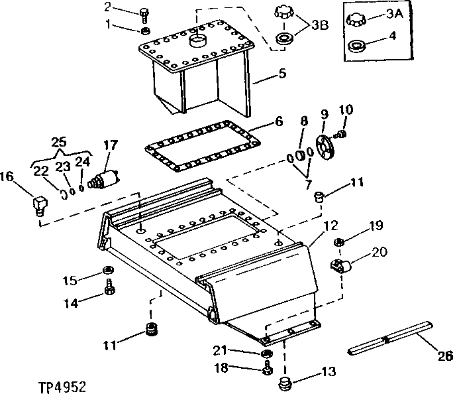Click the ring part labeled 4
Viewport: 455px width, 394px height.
tap(357, 47)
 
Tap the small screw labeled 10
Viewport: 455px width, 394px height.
tap(341, 135)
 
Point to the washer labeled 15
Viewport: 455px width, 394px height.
tap(107, 270)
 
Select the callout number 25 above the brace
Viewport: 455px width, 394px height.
tap(59, 142)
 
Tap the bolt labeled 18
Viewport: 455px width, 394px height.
tap(266, 367)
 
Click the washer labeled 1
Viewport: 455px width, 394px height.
tap(145, 31)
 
